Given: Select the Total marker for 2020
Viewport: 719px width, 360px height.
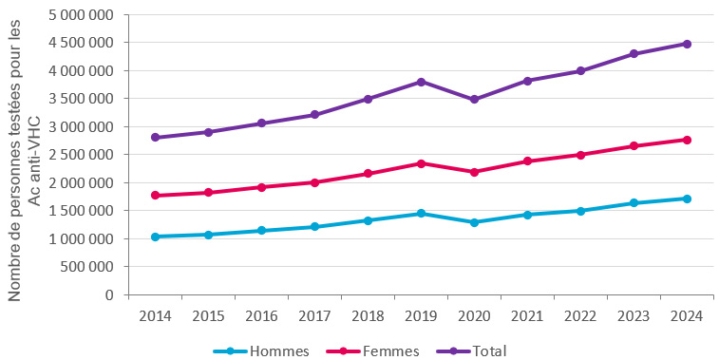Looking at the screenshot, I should pos(473,99).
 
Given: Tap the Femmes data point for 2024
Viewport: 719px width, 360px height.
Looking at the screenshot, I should pos(687,140).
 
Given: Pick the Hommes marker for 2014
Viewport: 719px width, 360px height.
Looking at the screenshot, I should pos(154,237).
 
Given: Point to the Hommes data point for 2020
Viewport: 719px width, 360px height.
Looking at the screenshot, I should pos(473,222).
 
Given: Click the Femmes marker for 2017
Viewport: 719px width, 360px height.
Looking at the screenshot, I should pos(313,182).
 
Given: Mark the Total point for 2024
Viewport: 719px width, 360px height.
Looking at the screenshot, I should pos(687,44).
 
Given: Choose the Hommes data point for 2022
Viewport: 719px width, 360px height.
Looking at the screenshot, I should pos(580,211).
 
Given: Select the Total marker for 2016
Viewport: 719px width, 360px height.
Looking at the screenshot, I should pos(260,123).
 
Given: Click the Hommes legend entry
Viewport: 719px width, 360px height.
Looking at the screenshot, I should pos(268,351).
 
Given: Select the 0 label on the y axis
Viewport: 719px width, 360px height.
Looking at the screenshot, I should pos(110,295).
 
